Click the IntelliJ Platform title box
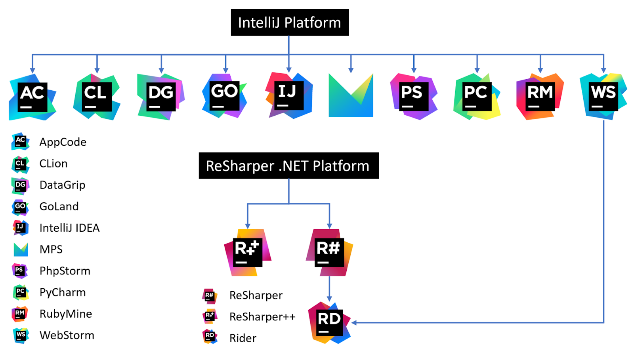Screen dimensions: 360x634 (x=290, y=23)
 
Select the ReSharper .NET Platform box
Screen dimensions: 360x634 (x=288, y=166)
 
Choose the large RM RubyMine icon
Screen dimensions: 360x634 (x=540, y=96)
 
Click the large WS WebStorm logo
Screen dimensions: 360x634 (x=603, y=96)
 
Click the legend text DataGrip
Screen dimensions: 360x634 (x=62, y=185)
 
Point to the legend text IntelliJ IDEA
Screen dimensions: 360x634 (x=69, y=228)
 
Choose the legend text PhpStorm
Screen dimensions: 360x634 (x=65, y=271)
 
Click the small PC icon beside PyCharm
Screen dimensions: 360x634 (x=20, y=292)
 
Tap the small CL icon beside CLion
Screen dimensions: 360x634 (x=20, y=164)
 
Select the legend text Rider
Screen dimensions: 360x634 (x=243, y=338)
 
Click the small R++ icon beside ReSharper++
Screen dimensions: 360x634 (x=210, y=316)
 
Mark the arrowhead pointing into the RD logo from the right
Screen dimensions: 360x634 (x=354, y=323)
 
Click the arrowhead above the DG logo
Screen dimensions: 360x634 (x=161, y=70)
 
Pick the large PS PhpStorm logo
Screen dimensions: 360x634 (x=414, y=96)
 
